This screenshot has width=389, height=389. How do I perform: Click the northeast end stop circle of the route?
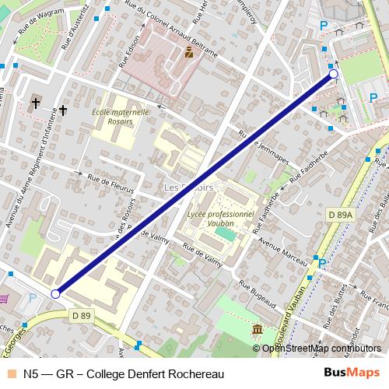[x=334, y=74]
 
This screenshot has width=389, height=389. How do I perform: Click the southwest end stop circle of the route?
[x=55, y=293]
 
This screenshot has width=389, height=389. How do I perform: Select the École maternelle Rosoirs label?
[x=121, y=116]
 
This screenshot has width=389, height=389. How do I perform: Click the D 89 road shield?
[x=81, y=315]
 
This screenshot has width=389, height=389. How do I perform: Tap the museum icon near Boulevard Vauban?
[x=257, y=331]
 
